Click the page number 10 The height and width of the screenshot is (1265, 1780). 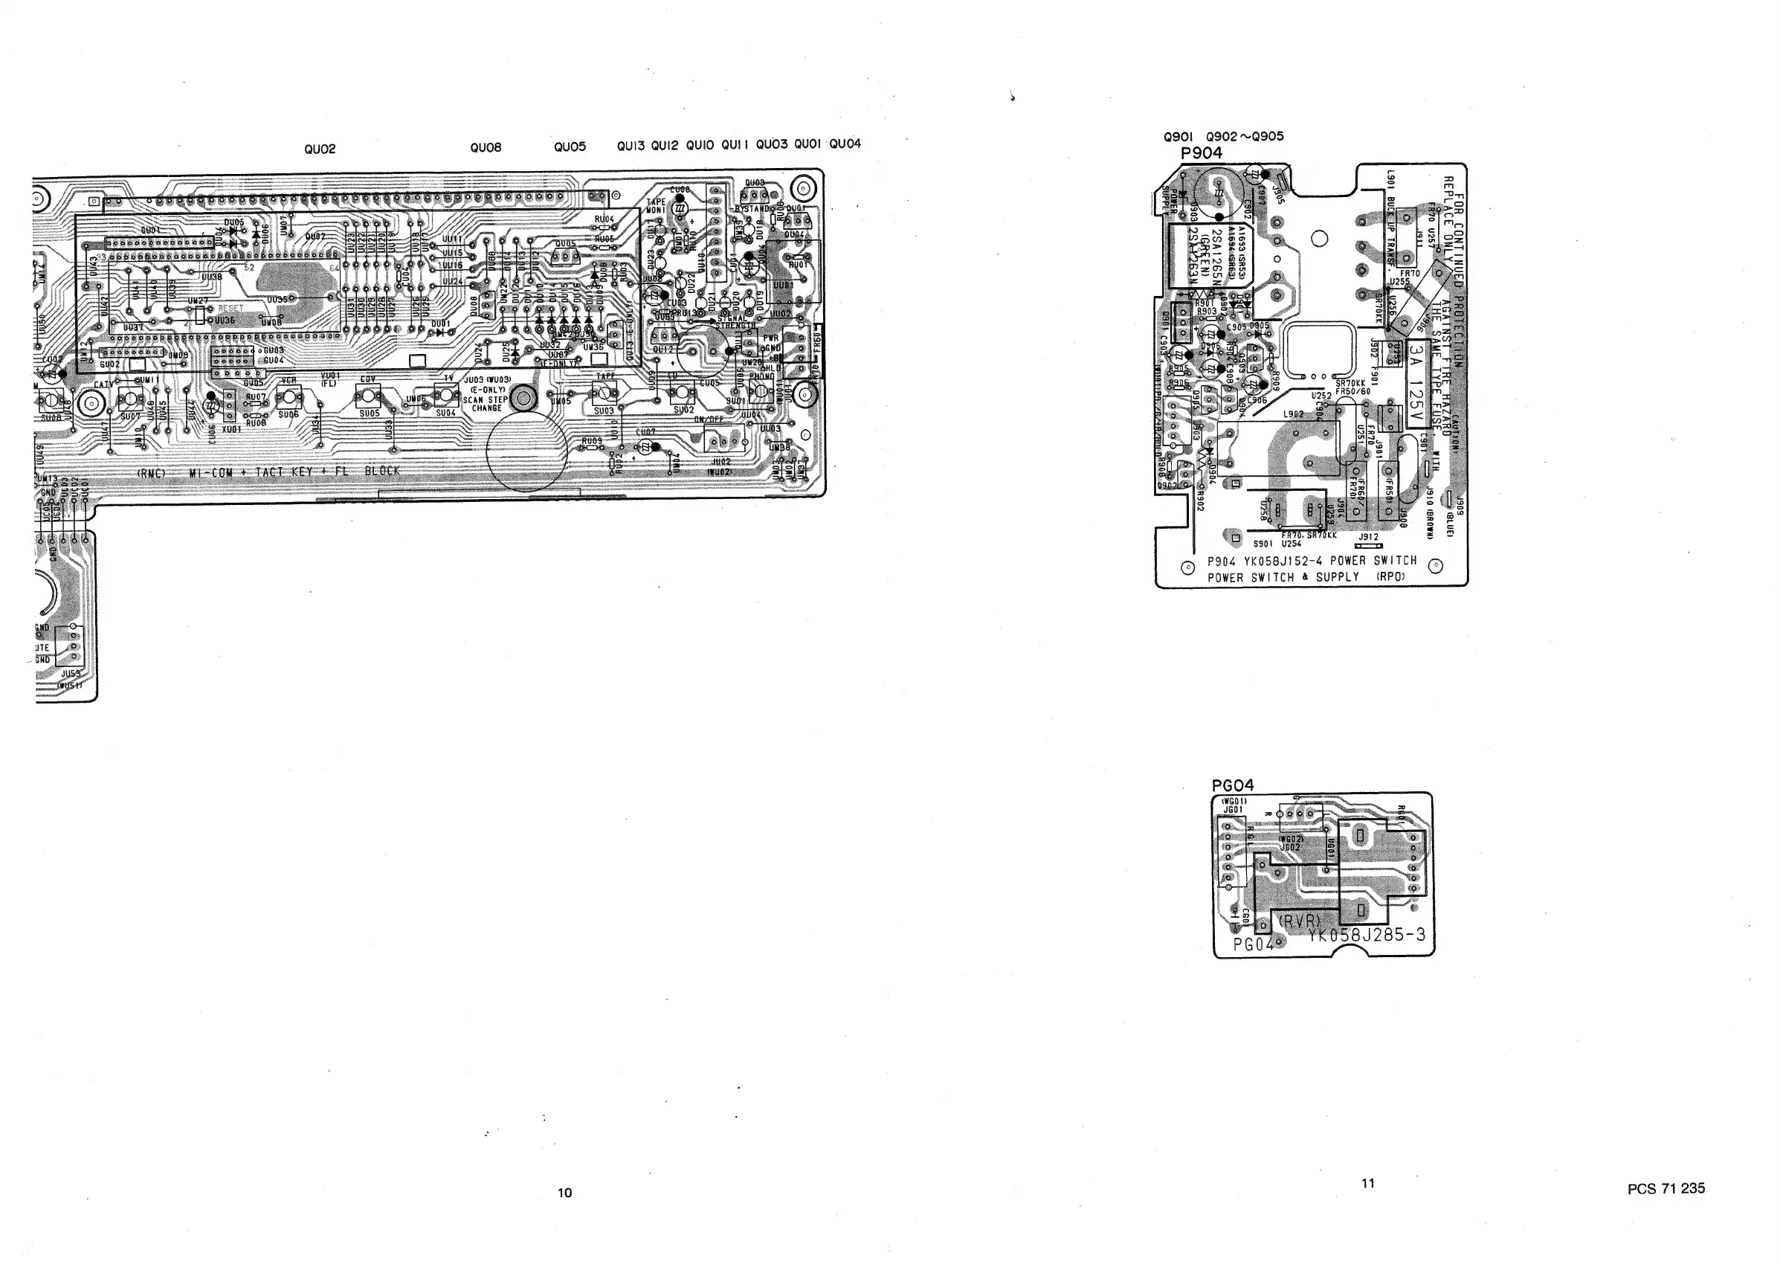pos(564,1192)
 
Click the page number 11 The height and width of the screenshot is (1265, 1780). pos(1367,1182)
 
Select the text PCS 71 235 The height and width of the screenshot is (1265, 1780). pos(1665,1188)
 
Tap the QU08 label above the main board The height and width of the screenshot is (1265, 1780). pos(486,147)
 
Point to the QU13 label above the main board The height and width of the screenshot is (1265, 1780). pos(631,146)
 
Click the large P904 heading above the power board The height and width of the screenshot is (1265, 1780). pos(1202,152)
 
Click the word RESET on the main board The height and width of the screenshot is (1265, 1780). pos(230,309)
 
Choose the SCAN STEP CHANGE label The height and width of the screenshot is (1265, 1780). pos(487,404)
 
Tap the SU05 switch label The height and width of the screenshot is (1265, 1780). pos(369,413)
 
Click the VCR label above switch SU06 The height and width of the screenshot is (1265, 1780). pos(288,380)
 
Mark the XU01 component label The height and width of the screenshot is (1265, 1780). pos(231,428)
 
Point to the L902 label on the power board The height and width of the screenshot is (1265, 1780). pos(1293,413)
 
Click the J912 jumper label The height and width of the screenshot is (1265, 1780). pos(1368,537)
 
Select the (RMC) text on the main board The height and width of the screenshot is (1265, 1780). pos(150,473)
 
